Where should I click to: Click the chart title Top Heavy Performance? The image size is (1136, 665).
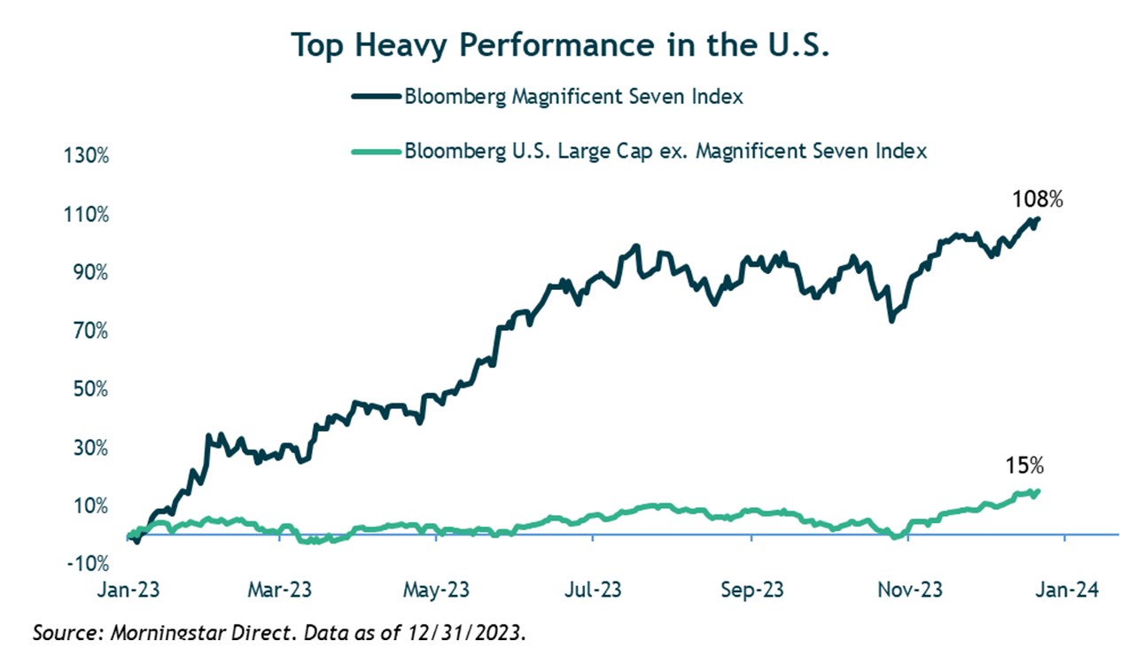coord(560,45)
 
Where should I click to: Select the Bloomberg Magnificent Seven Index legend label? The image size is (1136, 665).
coord(573,98)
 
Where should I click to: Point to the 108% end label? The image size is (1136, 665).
coord(1038,199)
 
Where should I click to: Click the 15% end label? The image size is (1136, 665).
coord(1024,465)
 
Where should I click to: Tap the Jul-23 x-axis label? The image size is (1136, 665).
coord(593,591)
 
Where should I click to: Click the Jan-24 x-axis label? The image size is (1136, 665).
coord(1064,591)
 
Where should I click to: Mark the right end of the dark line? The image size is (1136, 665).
coord(1038,219)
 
